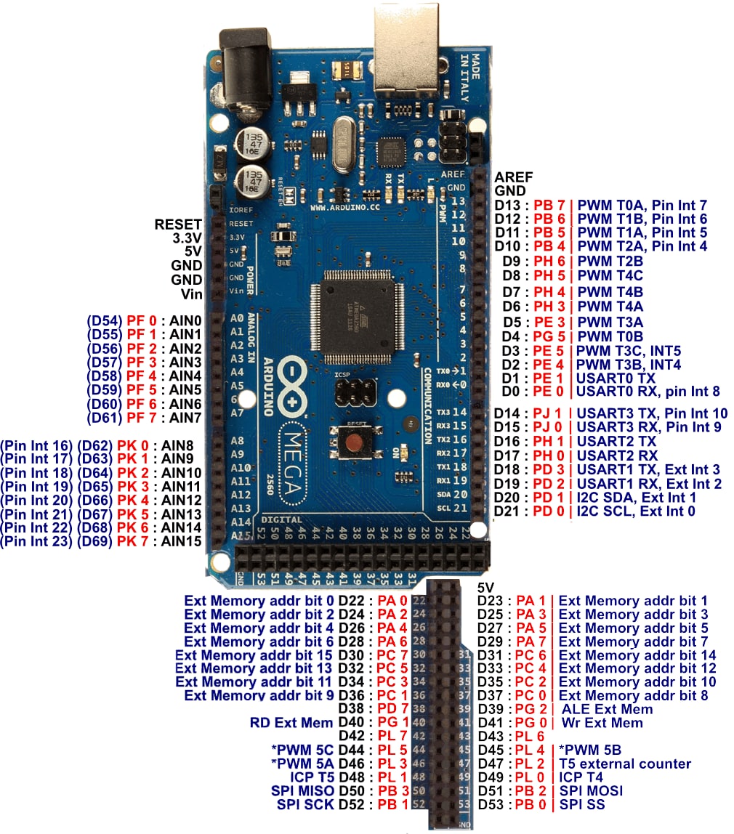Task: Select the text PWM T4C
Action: (610, 275)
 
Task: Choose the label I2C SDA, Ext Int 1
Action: (636, 497)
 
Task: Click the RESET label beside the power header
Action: (178, 224)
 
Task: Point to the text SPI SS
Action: (581, 804)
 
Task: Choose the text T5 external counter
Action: (624, 764)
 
